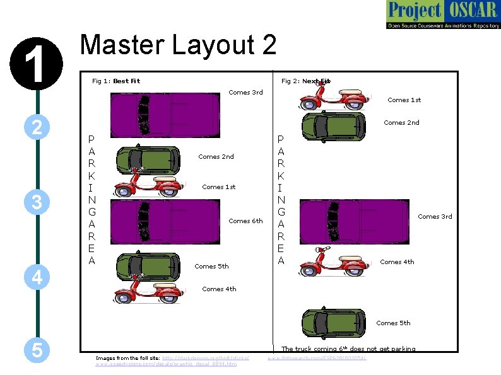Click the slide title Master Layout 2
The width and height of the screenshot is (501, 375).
point(179,45)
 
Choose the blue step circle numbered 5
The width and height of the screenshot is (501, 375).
point(37,350)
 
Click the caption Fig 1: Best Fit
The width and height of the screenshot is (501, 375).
point(116,81)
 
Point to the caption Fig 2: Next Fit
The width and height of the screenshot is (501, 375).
point(305,81)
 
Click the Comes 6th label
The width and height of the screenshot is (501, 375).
point(245,221)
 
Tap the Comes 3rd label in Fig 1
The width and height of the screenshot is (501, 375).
point(245,93)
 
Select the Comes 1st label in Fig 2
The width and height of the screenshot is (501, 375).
point(404,100)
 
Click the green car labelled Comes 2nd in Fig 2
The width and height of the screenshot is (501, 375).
point(333,125)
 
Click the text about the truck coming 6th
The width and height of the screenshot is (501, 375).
point(348,349)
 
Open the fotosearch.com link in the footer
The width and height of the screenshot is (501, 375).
point(317,359)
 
